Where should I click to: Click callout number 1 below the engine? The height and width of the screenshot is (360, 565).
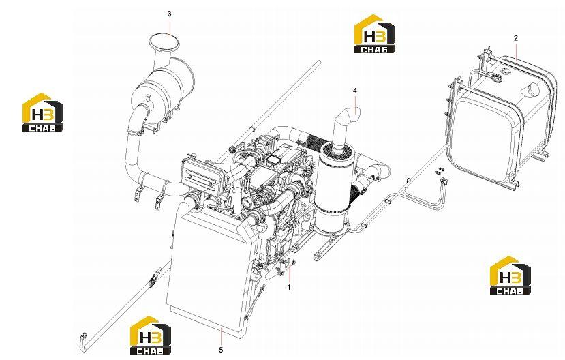click(288, 287)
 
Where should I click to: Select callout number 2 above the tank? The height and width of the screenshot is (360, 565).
click(516, 37)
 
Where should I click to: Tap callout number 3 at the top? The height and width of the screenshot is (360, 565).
click(169, 14)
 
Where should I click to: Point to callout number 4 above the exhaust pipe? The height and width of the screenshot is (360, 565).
click(355, 91)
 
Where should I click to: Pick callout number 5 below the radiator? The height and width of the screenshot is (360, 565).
click(221, 350)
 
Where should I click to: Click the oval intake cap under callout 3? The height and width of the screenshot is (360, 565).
click(164, 42)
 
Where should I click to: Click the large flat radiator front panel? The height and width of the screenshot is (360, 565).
click(204, 274)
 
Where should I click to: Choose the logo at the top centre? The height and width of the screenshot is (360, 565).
click(374, 34)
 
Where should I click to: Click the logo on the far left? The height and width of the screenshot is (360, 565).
click(42, 112)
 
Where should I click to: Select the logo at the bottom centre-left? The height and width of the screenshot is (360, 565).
click(150, 335)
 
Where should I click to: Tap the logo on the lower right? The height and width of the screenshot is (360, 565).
click(510, 275)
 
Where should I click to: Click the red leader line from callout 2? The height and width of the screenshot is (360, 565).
click(517, 50)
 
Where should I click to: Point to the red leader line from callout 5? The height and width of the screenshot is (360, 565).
click(221, 336)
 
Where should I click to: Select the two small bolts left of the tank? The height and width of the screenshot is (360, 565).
click(440, 171)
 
